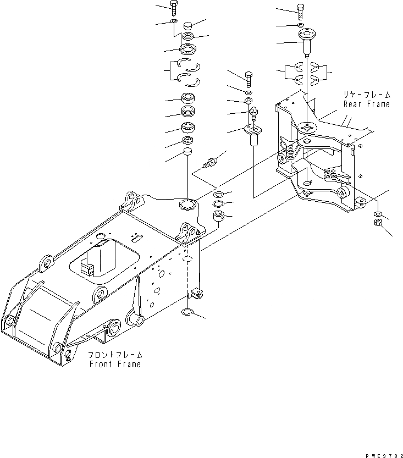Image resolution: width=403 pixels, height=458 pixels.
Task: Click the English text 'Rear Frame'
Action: (366, 104)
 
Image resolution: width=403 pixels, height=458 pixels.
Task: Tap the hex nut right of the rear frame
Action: (379, 223)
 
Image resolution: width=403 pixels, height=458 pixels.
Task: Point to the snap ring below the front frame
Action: (187, 313)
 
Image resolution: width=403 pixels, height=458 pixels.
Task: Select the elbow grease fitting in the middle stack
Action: (255, 114)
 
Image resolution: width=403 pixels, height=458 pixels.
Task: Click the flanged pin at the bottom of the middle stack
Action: (253, 135)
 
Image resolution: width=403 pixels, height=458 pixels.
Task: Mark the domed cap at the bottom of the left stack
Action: (187, 151)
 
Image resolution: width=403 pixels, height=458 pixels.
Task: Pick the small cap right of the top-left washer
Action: (189, 25)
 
